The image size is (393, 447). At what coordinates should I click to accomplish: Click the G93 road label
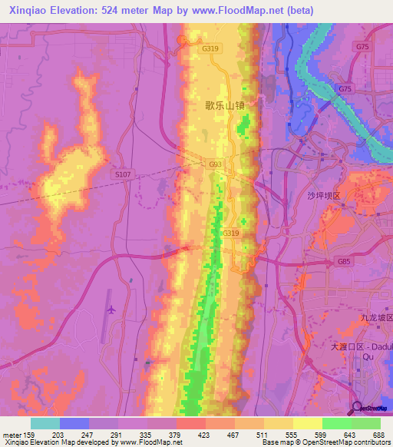point(216,164)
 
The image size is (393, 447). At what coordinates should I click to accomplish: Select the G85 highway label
point(343,261)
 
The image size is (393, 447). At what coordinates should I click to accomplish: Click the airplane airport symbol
point(112,310)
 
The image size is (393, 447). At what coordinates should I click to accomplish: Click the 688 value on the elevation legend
point(379,435)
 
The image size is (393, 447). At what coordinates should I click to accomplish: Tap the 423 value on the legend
point(205,435)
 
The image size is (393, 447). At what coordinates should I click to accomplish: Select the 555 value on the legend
point(292,435)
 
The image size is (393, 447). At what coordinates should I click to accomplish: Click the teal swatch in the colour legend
point(45,423)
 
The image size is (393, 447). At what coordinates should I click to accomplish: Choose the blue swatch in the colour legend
point(74,423)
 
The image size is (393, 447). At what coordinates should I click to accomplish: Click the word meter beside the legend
point(11,435)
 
